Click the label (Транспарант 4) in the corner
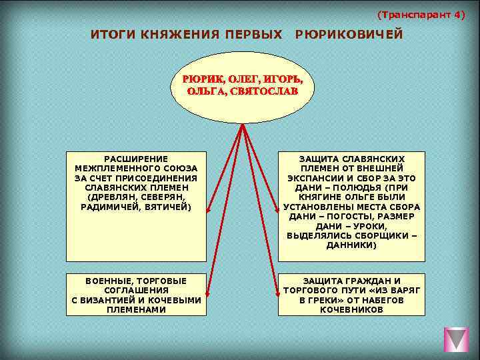click(421, 15)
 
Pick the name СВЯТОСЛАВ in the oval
click(263, 92)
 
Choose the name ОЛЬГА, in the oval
click(206, 92)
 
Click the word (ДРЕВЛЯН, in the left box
click(111, 198)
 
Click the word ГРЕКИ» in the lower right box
click(315, 300)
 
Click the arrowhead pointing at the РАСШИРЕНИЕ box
click(209, 209)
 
